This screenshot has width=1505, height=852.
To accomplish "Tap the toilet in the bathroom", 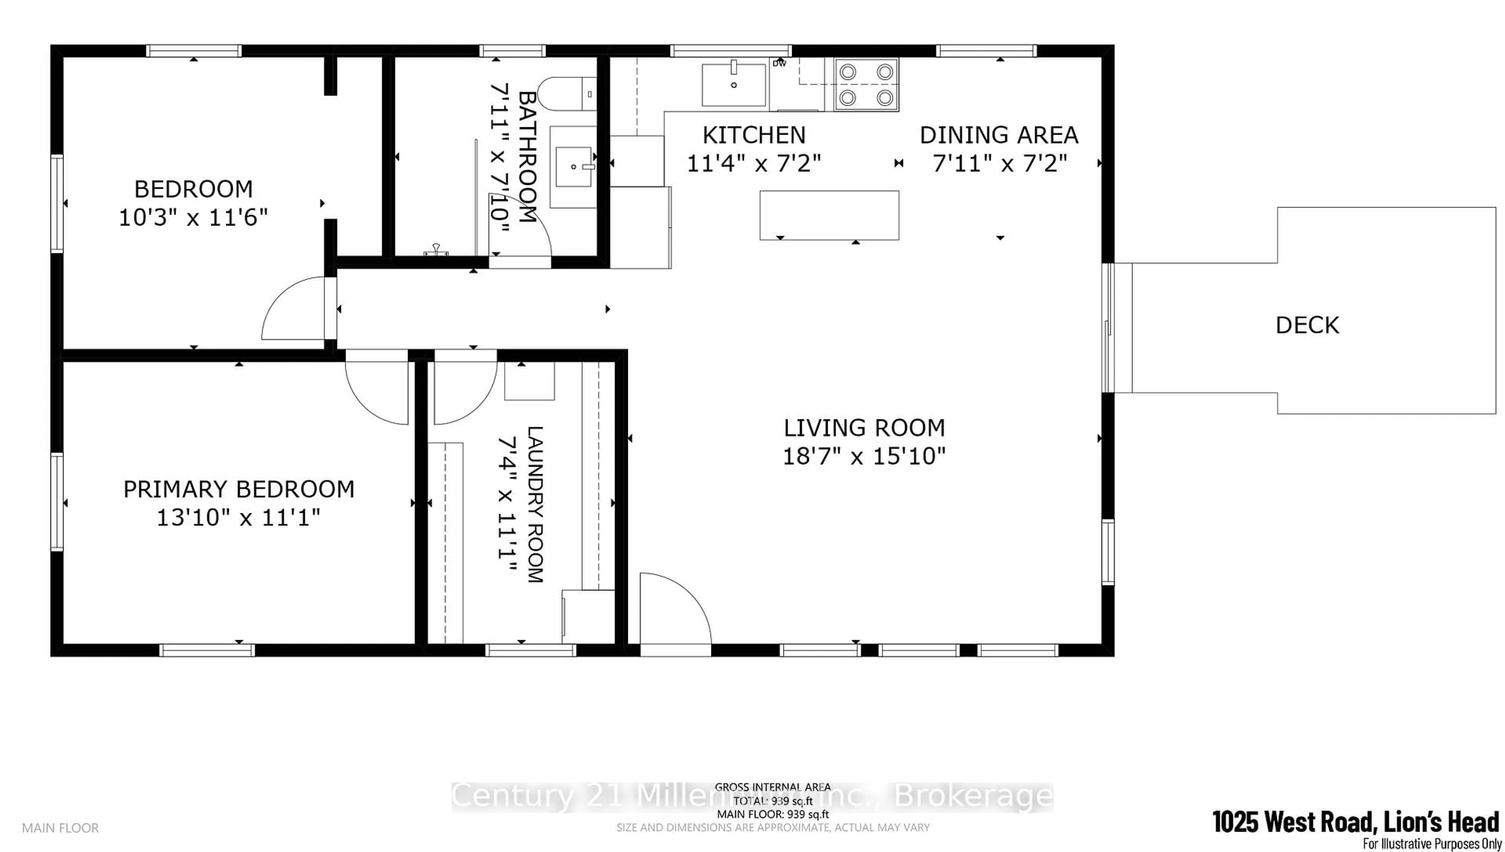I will click(566, 94).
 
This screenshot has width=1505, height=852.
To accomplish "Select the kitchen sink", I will click(734, 85).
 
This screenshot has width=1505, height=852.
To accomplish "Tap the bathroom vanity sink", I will click(574, 167).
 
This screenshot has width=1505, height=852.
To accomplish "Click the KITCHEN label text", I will click(754, 136).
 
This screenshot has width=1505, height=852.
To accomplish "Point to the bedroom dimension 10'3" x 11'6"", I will click(193, 218).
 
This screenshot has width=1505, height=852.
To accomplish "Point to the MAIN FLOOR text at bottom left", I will click(60, 828).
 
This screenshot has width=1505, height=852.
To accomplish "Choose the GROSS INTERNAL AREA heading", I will click(772, 787).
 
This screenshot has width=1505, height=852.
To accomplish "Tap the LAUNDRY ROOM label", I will click(535, 504).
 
